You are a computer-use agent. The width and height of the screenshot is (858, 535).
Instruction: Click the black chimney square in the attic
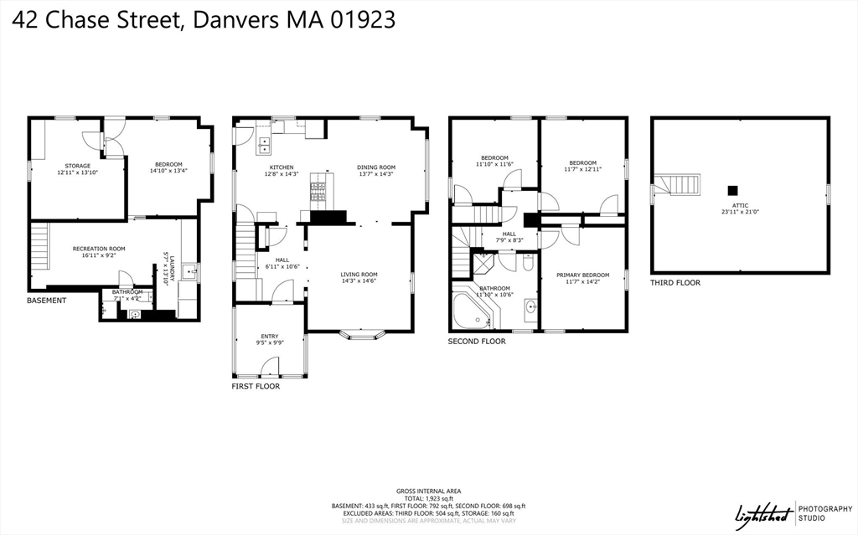733,190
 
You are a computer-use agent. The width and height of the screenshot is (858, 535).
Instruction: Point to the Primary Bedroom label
582,275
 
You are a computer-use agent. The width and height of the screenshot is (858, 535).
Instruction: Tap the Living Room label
359,275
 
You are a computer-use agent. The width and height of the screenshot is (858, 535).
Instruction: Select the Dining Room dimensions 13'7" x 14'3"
375,174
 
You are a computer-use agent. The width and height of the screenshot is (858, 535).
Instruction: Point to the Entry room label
269,337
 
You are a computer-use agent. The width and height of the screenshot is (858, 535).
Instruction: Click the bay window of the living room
363,336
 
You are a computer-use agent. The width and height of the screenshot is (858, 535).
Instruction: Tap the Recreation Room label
99,249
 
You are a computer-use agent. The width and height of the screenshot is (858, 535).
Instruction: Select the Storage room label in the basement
77,166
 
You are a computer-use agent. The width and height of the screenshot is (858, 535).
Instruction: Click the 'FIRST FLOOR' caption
256,387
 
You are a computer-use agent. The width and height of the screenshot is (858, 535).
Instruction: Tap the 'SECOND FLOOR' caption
476,342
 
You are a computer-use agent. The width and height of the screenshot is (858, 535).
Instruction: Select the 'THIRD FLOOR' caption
675,283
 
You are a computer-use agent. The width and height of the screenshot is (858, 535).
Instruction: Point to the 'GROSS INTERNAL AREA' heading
428,491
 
